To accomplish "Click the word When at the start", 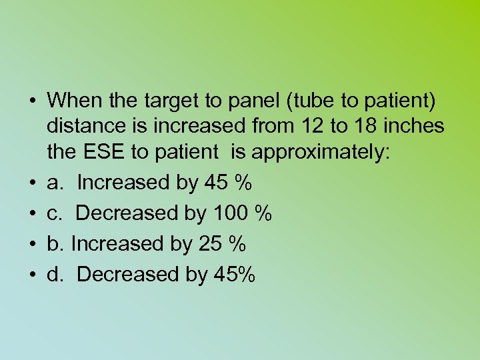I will (x=71, y=101).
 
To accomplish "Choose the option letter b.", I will (x=55, y=244).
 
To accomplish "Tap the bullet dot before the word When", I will (x=32, y=102).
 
